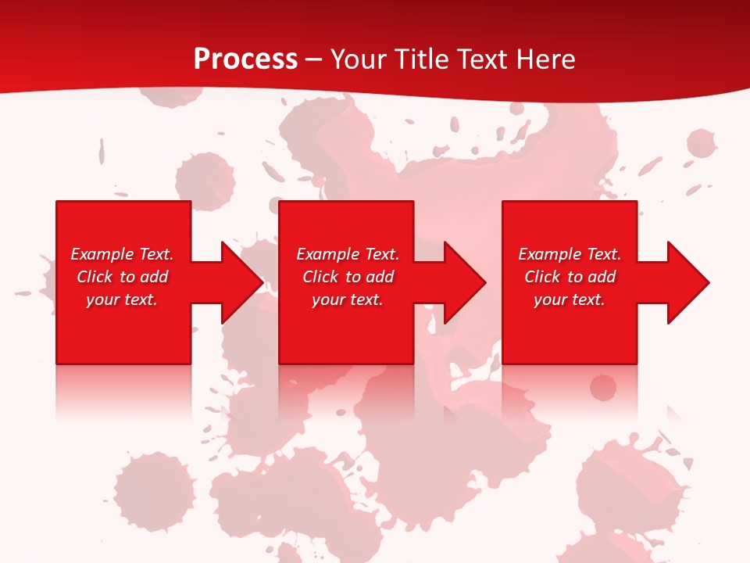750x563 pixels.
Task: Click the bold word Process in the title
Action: pyautogui.click(x=245, y=59)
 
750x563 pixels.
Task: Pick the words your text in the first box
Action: pyautogui.click(x=122, y=299)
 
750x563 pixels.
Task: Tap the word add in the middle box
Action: pyautogui.click(x=380, y=277)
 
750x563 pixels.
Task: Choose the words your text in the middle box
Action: pyautogui.click(x=348, y=299)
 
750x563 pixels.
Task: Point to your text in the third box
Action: pyautogui.click(x=570, y=299)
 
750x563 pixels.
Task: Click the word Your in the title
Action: pyautogui.click(x=359, y=59)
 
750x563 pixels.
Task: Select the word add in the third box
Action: pyautogui.click(x=602, y=277)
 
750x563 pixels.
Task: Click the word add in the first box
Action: pyautogui.click(x=154, y=277)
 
